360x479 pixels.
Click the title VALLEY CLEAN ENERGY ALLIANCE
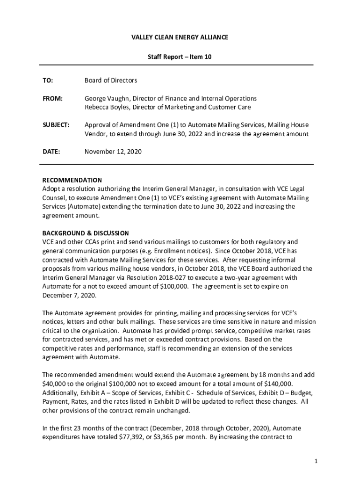[x=180, y=37]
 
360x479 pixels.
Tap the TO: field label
[x=48, y=80]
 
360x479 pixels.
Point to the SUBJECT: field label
[x=56, y=125]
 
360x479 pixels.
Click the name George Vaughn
[x=105, y=99]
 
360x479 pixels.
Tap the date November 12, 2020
[x=113, y=152]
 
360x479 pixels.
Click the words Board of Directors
[x=111, y=80]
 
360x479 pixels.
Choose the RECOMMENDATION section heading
[x=72, y=181]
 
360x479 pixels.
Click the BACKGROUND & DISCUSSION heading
[x=86, y=233]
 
